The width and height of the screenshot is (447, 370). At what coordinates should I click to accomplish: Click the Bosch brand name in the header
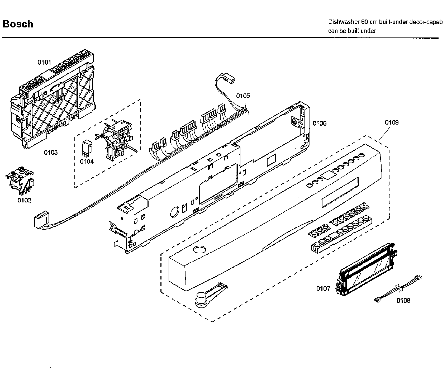click(18, 24)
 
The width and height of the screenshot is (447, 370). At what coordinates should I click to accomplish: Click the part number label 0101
click(44, 63)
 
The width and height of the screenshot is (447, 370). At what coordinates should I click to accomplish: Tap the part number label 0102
click(24, 201)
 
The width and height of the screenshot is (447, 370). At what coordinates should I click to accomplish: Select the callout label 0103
click(51, 153)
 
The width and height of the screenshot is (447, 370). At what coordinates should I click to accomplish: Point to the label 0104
click(87, 162)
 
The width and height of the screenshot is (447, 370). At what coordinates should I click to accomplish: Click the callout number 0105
click(243, 96)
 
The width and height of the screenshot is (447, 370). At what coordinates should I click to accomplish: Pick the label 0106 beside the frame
click(320, 123)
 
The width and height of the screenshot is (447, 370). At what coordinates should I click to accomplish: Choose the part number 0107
click(323, 289)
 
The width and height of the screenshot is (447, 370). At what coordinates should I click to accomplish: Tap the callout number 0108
click(403, 300)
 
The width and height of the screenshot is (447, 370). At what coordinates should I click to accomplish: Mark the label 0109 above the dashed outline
click(392, 122)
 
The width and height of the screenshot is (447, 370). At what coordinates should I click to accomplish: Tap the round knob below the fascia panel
click(201, 300)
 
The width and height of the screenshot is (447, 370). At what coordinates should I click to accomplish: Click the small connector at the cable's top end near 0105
click(229, 79)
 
